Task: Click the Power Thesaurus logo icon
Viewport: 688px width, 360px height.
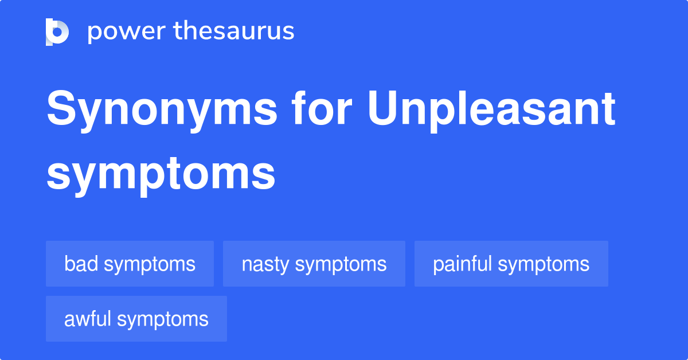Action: tap(57, 32)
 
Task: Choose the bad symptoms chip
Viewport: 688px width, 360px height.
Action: tap(130, 264)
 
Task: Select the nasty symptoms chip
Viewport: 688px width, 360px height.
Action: tap(314, 264)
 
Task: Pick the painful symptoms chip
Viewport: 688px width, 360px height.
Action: tap(511, 264)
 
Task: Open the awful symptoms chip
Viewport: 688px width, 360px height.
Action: tap(136, 319)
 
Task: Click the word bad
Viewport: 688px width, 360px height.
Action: tap(80, 264)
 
